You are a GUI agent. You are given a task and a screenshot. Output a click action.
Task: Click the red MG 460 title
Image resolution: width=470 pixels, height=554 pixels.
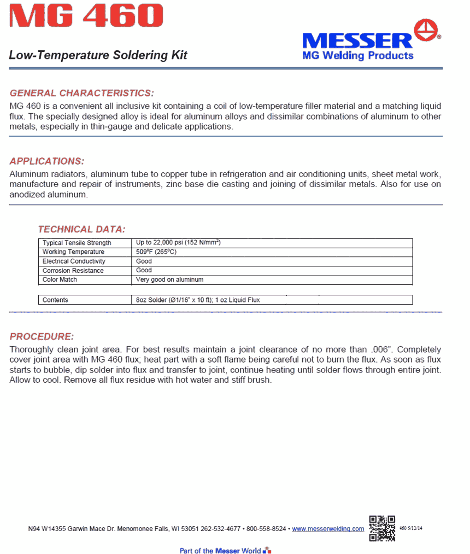[x=86, y=16]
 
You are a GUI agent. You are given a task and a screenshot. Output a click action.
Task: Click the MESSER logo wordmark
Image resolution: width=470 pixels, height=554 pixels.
[x=357, y=40]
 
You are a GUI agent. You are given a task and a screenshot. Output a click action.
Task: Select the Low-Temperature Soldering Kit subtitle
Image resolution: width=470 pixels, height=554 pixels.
[x=98, y=55]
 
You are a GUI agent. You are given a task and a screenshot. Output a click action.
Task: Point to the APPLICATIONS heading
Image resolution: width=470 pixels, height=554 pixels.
[x=47, y=161]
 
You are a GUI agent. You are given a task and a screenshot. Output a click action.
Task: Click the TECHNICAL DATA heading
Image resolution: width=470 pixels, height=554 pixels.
[x=81, y=229]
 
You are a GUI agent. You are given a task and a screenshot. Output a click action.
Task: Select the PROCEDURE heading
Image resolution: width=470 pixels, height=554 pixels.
[x=42, y=336]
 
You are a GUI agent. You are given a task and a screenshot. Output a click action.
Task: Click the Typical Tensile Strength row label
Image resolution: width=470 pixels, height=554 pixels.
[x=77, y=243]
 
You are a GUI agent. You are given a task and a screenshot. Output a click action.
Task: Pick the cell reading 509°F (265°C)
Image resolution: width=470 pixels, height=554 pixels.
[x=156, y=252]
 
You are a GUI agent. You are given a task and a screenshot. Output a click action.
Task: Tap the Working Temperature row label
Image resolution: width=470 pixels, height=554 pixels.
[x=73, y=252]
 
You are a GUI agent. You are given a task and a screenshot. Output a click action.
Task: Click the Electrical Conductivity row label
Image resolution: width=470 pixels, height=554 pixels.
[x=74, y=261]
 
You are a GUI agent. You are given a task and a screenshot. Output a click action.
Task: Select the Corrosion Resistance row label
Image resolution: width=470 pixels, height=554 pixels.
[x=73, y=271]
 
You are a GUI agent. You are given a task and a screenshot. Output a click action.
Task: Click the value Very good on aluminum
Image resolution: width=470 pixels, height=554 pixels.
[x=169, y=279]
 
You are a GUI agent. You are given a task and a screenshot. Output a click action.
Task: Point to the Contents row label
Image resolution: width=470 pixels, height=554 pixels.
[x=55, y=300]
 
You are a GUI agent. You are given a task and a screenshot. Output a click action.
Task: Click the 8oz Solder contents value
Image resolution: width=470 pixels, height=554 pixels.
[x=198, y=300]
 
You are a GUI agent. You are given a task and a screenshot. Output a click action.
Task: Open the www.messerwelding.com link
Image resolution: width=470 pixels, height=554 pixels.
[x=328, y=529]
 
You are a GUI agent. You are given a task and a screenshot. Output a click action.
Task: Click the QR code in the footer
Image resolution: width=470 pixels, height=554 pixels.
[x=382, y=528]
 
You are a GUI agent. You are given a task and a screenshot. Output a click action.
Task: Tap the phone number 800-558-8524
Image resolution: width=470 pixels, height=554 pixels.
[x=266, y=529]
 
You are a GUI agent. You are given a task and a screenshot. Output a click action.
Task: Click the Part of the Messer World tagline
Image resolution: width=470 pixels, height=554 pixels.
[x=221, y=550]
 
